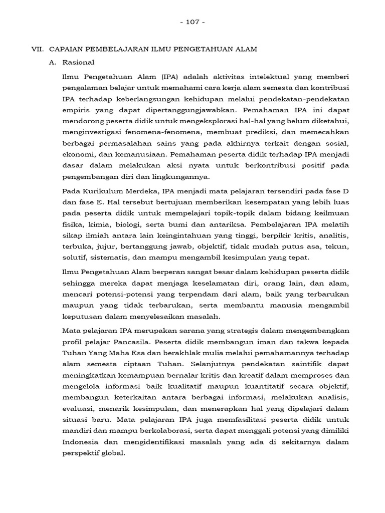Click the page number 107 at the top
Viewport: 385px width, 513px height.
pos(192,22)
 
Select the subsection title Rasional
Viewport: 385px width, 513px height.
pos(78,63)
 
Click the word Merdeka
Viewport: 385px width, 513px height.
pos(135,191)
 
